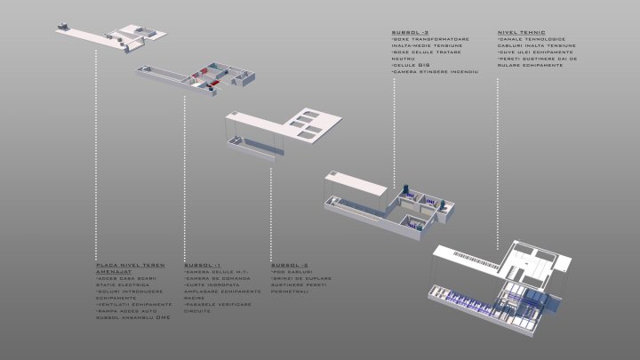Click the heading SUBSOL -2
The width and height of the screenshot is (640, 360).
(290, 265)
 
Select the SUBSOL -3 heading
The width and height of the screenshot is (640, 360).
(405, 31)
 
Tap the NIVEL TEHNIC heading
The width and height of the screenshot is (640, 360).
(521, 31)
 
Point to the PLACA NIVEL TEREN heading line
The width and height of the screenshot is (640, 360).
(130, 265)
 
